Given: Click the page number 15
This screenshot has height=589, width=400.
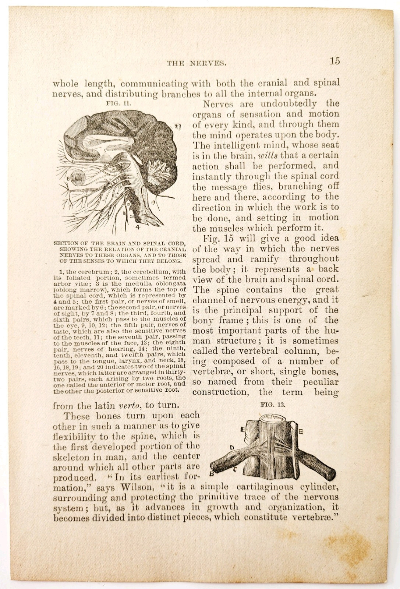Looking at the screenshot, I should tap(334, 61).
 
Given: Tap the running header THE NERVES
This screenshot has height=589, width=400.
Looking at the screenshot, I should tap(197, 63).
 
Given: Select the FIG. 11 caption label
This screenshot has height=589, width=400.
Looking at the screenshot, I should tap(119, 103).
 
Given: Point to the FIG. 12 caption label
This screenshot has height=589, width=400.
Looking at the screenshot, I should tap(273, 404).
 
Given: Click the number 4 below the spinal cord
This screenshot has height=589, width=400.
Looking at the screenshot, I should tap(138, 228).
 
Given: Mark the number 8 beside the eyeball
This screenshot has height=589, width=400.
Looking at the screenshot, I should tap(68, 179).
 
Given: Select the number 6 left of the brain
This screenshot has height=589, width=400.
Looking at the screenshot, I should tap(73, 161).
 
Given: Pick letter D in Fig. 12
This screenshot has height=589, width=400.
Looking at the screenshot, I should tap(232, 448).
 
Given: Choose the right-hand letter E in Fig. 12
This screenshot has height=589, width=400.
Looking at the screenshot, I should tap(301, 431).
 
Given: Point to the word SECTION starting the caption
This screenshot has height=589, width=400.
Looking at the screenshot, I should tap(66, 243).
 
